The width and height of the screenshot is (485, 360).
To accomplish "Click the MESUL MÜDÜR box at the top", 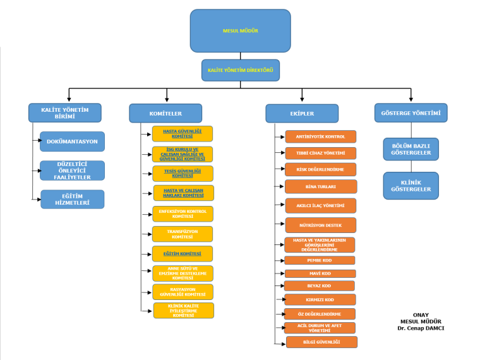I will (x=240, y=30).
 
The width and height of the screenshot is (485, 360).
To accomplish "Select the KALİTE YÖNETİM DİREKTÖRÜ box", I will (x=241, y=70).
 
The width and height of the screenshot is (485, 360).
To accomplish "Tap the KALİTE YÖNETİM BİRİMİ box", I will (x=64, y=112).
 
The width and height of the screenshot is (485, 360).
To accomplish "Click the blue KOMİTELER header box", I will (x=165, y=113).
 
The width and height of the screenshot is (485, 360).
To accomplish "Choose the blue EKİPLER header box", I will (x=302, y=113).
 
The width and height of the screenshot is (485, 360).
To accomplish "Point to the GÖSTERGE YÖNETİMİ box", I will (x=410, y=112).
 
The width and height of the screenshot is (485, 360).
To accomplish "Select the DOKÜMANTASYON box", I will (x=72, y=141).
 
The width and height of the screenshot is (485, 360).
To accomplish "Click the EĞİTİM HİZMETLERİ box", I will (x=72, y=200).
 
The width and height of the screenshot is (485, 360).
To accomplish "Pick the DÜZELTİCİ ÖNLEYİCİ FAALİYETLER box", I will (x=72, y=171).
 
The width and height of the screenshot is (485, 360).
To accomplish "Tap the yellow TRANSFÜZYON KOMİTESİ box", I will (x=183, y=234).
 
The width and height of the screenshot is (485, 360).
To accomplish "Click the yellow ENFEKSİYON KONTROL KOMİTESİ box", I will (x=183, y=213).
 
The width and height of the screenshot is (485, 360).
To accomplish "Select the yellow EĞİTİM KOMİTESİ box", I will (x=183, y=253).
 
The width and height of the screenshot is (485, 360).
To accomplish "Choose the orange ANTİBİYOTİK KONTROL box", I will (x=320, y=136).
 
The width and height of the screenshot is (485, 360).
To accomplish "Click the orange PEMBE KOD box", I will (x=320, y=260).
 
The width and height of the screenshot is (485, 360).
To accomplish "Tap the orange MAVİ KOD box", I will (x=320, y=273).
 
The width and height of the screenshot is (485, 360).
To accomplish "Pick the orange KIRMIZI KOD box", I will (x=320, y=299).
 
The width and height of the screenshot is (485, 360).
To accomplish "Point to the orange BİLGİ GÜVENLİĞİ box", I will (x=321, y=342).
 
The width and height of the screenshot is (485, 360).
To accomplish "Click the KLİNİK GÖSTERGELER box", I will (x=410, y=186).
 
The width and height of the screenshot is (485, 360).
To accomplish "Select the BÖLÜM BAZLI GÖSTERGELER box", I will (x=410, y=149).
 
